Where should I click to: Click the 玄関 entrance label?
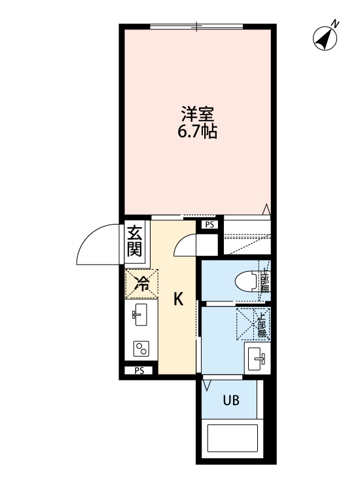(135, 240)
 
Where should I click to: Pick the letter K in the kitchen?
(177, 299)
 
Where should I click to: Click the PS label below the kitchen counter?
(139, 371)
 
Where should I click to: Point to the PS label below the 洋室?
(209, 225)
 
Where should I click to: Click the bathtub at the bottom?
(234, 445)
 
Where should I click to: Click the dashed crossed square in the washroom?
(246, 323)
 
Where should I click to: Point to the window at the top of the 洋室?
(197, 26)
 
